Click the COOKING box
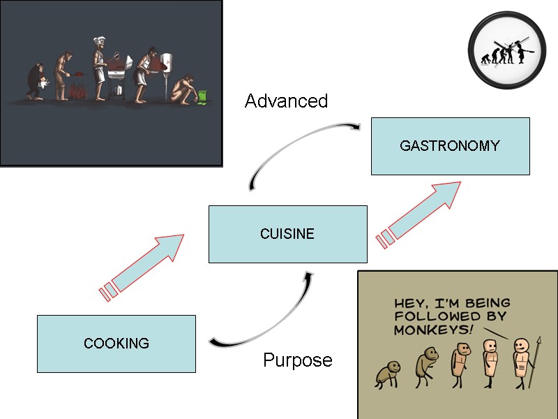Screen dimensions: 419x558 (116, 344)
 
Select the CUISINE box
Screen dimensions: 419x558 (287, 234)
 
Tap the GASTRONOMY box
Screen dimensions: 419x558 (450, 146)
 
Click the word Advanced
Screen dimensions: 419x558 (286, 101)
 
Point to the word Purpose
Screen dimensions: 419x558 (297, 360)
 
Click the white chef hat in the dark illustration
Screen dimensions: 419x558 (98, 37)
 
